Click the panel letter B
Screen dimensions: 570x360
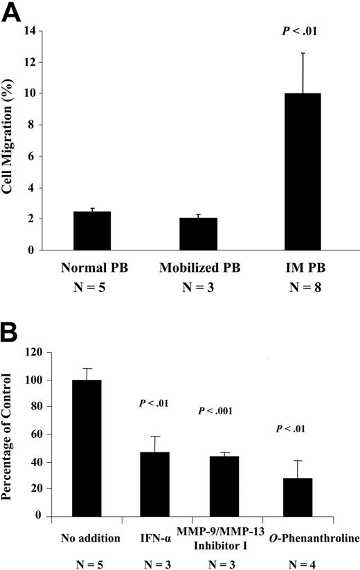tap(14, 326)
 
